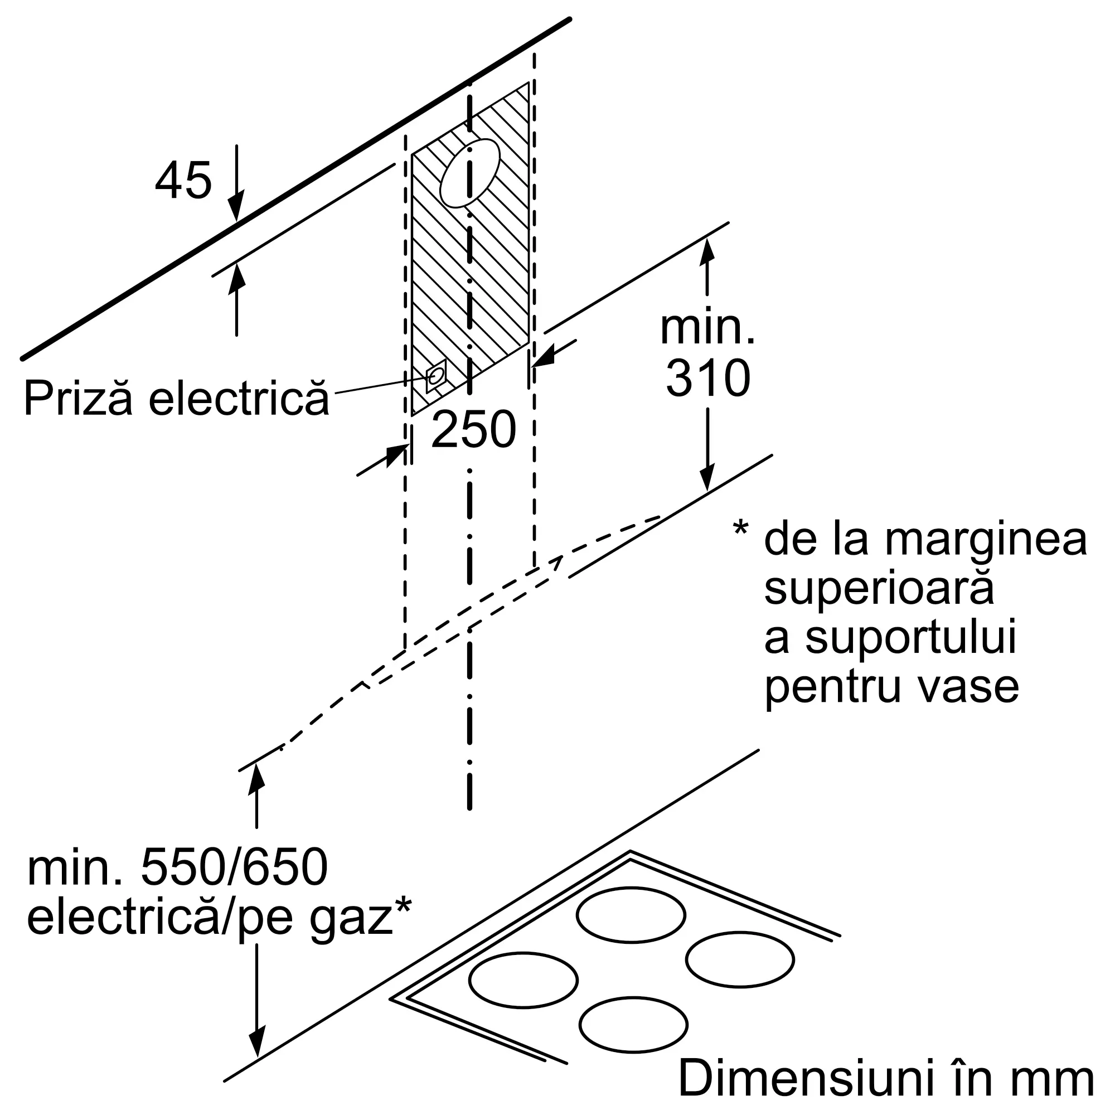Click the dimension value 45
pyautogui.click(x=183, y=181)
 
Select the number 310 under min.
pyautogui.click(x=708, y=378)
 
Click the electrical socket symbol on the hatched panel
pyautogui.click(x=436, y=376)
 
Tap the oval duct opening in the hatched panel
pyautogui.click(x=470, y=173)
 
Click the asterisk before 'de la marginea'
pyautogui.click(x=740, y=528)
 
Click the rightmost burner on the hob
pyautogui.click(x=740, y=960)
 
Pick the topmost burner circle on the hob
pyautogui.click(x=631, y=915)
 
